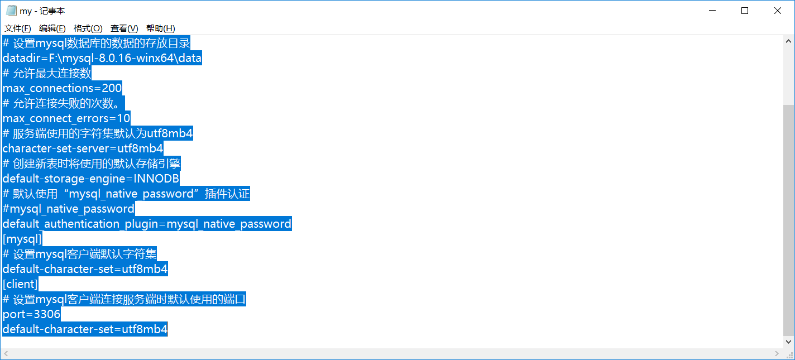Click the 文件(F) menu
pyautogui.click(x=17, y=28)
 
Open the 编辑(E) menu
pyautogui.click(x=52, y=28)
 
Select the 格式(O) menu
pyautogui.click(x=88, y=28)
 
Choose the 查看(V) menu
pyautogui.click(x=124, y=28)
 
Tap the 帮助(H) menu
pyautogui.click(x=160, y=28)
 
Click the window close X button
pyautogui.click(x=777, y=11)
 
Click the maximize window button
pyautogui.click(x=745, y=11)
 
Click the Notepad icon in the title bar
pyautogui.click(x=11, y=11)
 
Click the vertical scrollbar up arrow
pyautogui.click(x=789, y=41)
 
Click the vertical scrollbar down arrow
pyautogui.click(x=789, y=342)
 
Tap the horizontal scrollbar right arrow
pyautogui.click(x=777, y=354)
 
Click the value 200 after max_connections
pyautogui.click(x=112, y=88)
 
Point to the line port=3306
pyautogui.click(x=32, y=314)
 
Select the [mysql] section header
pyautogui.click(x=22, y=239)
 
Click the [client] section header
pyautogui.click(x=20, y=284)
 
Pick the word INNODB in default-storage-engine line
pyautogui.click(x=156, y=179)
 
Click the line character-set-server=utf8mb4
pyautogui.click(x=83, y=148)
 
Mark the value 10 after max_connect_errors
pyautogui.click(x=123, y=118)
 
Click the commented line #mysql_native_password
pyautogui.click(x=69, y=209)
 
